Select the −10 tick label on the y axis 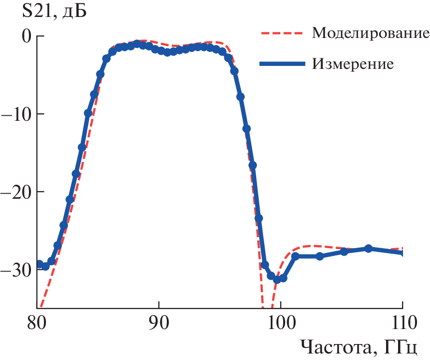[16, 114]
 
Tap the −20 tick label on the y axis [16, 192]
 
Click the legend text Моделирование [371, 33]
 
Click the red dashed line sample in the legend [282, 33]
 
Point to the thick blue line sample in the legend [282, 64]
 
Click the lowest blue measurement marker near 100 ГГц [277, 279]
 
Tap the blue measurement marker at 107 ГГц [369, 249]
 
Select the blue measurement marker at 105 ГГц [344, 251]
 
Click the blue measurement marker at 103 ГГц [320, 256]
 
